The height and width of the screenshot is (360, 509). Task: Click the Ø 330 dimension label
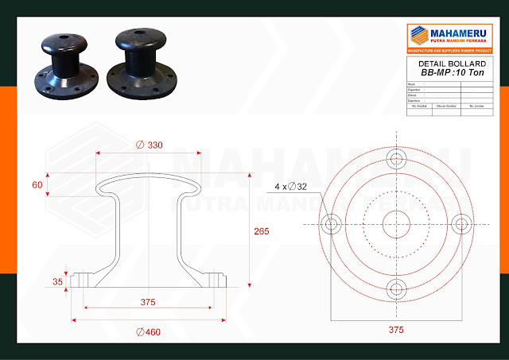[x=150, y=145]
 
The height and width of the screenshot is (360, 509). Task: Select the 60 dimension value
[x=37, y=184]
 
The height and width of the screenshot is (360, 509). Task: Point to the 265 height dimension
[x=262, y=231]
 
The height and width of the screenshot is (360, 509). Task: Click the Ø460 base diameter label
[x=149, y=331]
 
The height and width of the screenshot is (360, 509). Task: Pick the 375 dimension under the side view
[x=149, y=302]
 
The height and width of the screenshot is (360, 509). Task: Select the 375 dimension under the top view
[x=395, y=329]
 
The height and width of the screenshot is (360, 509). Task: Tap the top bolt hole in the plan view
[x=396, y=158]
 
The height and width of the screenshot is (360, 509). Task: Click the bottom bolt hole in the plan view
[x=396, y=288]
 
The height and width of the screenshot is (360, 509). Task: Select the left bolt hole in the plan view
[x=331, y=223]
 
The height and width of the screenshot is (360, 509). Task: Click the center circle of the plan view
[x=396, y=223]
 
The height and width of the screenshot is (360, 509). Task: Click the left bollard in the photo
[x=64, y=64]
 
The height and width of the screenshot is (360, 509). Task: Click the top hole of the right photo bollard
[x=139, y=36]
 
